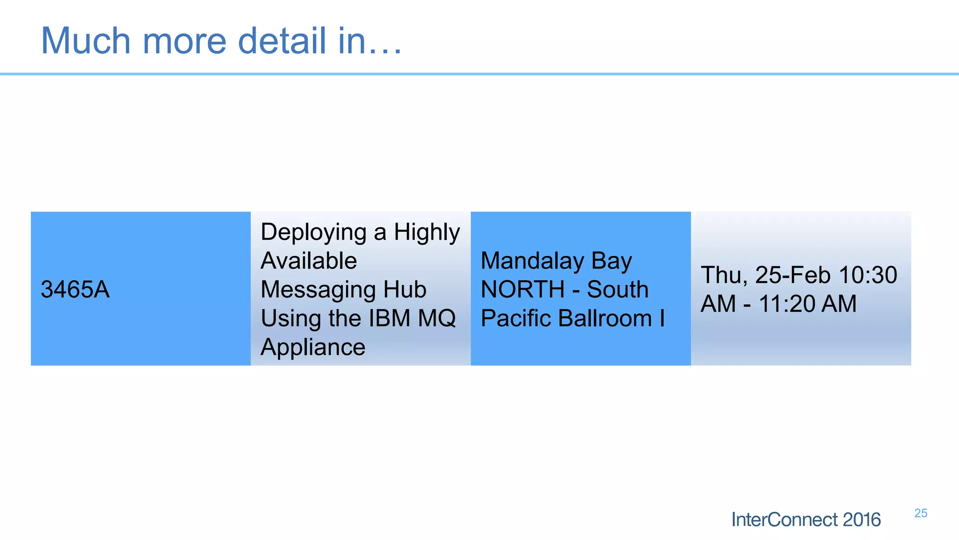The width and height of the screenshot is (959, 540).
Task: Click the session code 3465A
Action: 75,289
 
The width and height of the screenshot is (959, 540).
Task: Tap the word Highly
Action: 426,232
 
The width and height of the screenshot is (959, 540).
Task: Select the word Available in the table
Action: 308,261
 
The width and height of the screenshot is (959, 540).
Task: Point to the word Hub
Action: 405,289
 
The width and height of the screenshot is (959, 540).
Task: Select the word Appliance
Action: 312,347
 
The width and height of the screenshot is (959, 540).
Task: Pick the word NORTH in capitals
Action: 522,289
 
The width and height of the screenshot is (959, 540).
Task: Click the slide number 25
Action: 920,513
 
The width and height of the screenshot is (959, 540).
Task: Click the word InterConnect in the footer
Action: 784,519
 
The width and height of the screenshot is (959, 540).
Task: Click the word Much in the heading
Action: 86,41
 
